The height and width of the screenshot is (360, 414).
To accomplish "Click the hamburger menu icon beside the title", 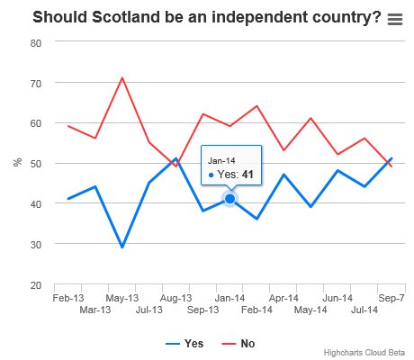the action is click(395, 19).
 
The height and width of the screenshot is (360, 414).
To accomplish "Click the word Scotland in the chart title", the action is click(126, 17).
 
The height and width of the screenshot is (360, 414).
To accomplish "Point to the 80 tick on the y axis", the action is click(36, 43).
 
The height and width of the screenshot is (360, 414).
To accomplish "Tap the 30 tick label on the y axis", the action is click(36, 245).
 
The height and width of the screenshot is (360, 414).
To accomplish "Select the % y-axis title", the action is click(18, 162).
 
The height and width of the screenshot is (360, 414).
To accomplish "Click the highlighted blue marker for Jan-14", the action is click(230, 199).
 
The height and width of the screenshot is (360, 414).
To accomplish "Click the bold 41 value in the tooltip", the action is click(247, 175).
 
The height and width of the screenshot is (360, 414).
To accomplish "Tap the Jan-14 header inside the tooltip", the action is click(221, 161).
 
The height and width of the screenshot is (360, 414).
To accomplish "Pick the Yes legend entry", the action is click(184, 344).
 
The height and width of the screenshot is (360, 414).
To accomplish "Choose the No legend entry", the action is click(238, 344).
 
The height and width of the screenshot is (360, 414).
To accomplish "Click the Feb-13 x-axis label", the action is click(68, 298).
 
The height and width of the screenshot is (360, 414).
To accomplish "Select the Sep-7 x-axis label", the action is click(391, 298).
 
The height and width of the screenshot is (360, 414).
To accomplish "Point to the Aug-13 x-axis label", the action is click(175, 298).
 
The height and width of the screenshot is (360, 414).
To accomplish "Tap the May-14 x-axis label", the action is click(310, 310).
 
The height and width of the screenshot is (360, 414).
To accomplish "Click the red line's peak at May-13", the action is click(122, 78).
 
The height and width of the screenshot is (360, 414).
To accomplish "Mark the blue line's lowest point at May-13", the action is click(122, 247).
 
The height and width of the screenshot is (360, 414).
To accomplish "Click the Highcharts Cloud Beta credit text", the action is click(364, 353).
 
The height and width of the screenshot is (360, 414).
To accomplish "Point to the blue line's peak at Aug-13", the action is click(176, 158).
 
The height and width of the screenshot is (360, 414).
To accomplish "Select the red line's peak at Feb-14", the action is click(256, 106).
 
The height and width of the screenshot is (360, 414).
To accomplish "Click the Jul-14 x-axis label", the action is click(364, 310).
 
